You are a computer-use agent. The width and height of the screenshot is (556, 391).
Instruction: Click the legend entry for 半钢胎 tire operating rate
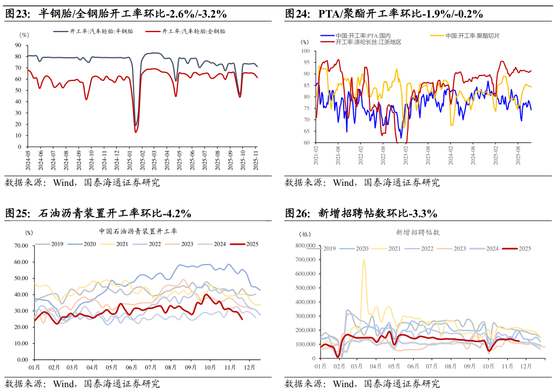[93, 32]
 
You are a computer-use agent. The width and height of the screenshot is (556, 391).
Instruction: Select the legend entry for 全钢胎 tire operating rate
[186, 32]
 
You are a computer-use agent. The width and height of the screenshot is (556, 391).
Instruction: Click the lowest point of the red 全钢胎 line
[136, 132]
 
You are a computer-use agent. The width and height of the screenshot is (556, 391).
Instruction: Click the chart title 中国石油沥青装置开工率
[138, 231]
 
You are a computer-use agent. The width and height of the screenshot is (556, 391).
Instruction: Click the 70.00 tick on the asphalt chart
[21, 246]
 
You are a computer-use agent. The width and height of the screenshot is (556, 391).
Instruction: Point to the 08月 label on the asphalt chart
[171, 368]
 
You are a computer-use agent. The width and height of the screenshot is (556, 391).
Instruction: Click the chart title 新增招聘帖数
[418, 232]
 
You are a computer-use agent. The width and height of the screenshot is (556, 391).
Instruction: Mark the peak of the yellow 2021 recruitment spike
[364, 260]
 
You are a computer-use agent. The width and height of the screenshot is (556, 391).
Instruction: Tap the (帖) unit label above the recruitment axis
[305, 234]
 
